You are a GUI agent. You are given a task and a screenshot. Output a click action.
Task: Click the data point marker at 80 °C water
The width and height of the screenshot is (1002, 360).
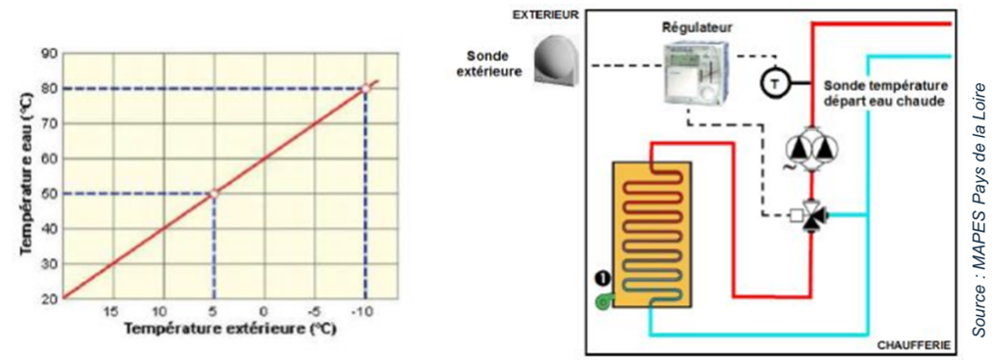366,88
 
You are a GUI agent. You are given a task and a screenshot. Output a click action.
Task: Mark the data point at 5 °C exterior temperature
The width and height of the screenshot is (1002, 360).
214,194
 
